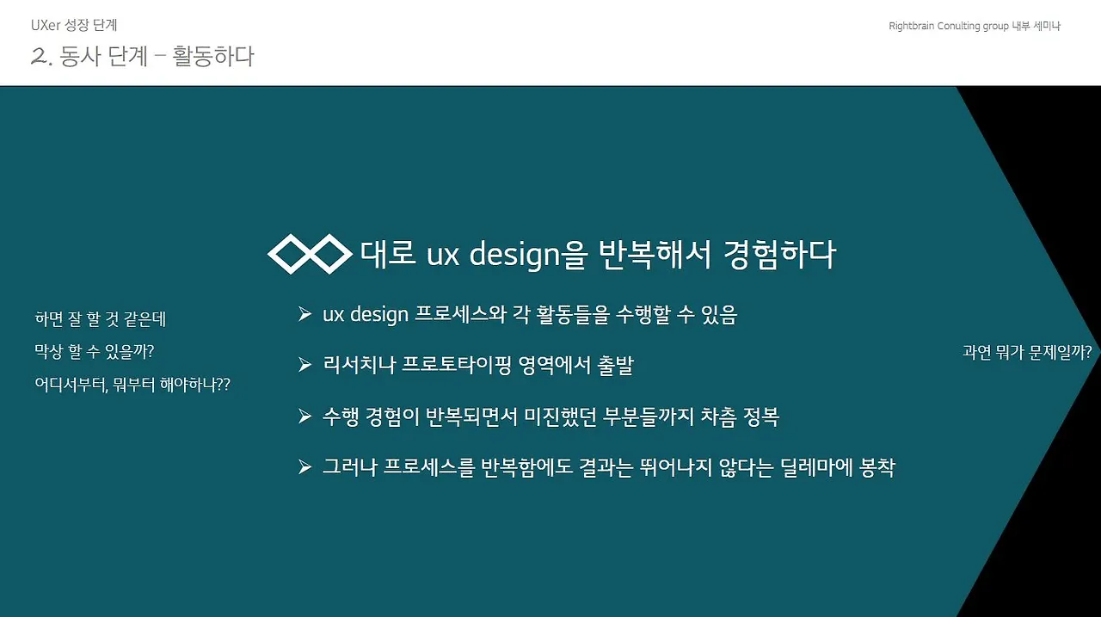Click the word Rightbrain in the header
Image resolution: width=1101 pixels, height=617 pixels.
(x=911, y=26)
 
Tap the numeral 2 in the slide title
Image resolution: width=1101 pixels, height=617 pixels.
(x=39, y=56)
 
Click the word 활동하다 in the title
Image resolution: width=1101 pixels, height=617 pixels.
(x=213, y=56)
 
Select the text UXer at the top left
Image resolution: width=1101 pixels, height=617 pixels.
(x=46, y=25)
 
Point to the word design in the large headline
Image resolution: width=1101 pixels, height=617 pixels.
(x=514, y=255)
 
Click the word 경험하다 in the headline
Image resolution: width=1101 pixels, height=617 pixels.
(x=780, y=255)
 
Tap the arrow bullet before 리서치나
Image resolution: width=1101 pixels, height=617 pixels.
(x=304, y=365)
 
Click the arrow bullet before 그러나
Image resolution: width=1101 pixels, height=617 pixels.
(x=304, y=466)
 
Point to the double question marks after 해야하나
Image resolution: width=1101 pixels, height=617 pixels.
(x=223, y=384)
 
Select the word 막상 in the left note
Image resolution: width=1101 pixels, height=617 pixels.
(x=49, y=351)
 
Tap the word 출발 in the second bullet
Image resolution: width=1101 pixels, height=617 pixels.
(x=615, y=365)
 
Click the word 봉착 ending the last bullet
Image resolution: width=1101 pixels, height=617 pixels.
(x=876, y=466)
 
